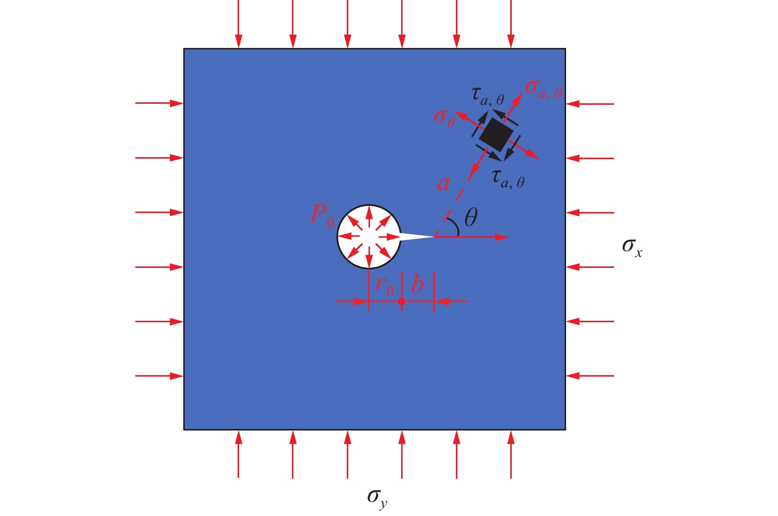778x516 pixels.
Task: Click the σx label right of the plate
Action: pos(632,247)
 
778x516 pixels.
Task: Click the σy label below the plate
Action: pos(377,497)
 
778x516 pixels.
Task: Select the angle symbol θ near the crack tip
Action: pos(471,217)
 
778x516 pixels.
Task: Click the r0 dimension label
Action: pos(385,285)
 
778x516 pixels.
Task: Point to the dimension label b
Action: pos(417,284)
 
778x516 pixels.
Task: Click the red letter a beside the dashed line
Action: pos(444,183)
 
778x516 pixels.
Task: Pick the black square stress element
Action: pos(495,134)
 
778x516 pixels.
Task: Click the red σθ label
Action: pos(444,118)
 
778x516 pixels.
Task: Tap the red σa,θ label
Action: pos(543,89)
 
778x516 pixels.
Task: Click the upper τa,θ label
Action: pos(488,95)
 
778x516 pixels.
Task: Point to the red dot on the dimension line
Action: pos(402,301)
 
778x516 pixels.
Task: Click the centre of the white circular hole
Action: pos(369,237)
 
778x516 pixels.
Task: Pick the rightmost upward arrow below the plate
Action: pos(511,455)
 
